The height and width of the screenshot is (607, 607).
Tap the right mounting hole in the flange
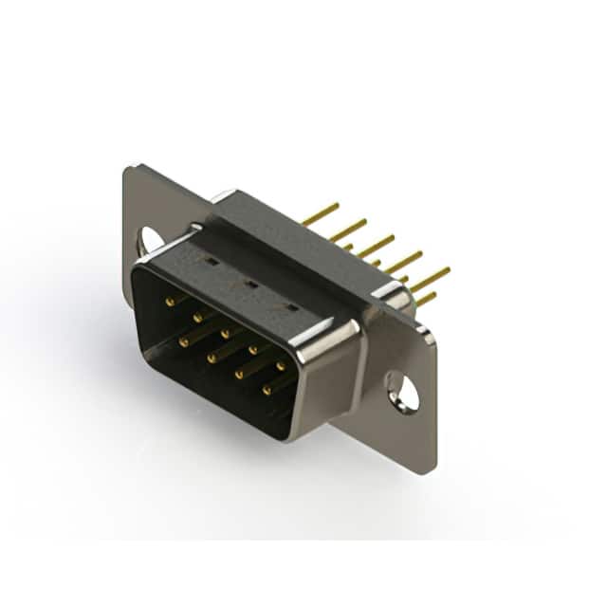tap(403, 391)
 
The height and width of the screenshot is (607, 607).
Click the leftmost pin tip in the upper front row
tap(170, 302)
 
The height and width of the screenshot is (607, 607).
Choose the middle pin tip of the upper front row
tap(225, 333)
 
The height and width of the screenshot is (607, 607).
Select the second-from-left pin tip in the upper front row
tap(197, 318)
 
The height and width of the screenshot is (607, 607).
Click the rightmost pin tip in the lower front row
tap(267, 389)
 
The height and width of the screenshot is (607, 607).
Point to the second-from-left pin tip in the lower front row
tap(211, 358)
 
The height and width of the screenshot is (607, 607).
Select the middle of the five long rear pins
tap(376, 246)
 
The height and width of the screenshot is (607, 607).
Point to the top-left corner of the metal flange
tap(127, 169)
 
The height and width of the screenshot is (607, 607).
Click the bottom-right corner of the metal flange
tap(433, 471)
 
